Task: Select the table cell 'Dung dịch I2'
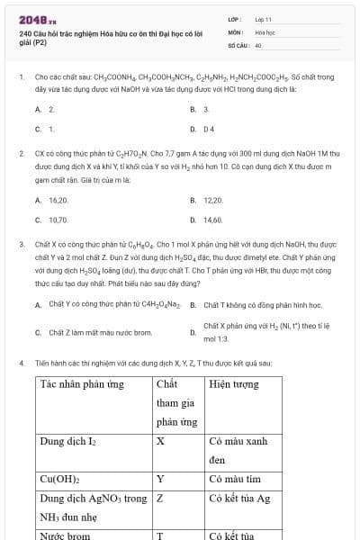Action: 68,442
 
